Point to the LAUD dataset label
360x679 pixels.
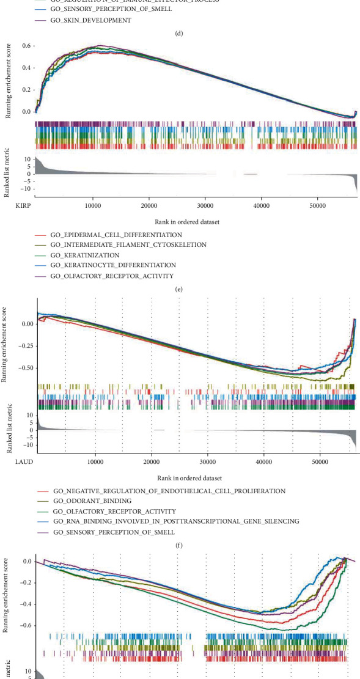pyautogui.click(x=23, y=461)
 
